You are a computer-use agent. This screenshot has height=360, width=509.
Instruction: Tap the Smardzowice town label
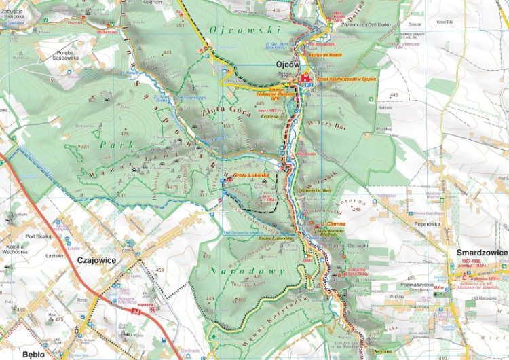click(x=483, y=253)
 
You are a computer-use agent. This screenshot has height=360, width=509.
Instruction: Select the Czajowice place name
click(x=97, y=259)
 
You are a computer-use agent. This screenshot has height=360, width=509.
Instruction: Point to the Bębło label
click(x=33, y=354)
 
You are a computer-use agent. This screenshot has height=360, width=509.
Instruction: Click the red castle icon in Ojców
click(x=305, y=79)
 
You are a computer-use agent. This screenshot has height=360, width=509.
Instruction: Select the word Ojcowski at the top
click(x=235, y=30)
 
